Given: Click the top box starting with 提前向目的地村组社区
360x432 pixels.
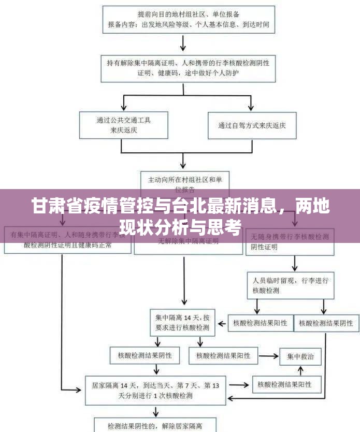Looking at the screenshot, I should (x=188, y=19).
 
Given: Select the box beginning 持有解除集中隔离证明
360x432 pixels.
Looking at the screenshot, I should (x=188, y=68).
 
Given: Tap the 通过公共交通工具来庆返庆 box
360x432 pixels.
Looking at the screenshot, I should (x=124, y=125).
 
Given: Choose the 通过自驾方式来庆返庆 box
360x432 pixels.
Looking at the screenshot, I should (x=252, y=125).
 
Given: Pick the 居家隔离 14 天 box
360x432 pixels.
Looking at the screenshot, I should (x=155, y=391).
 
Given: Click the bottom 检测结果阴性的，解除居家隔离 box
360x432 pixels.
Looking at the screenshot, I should (x=155, y=426).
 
